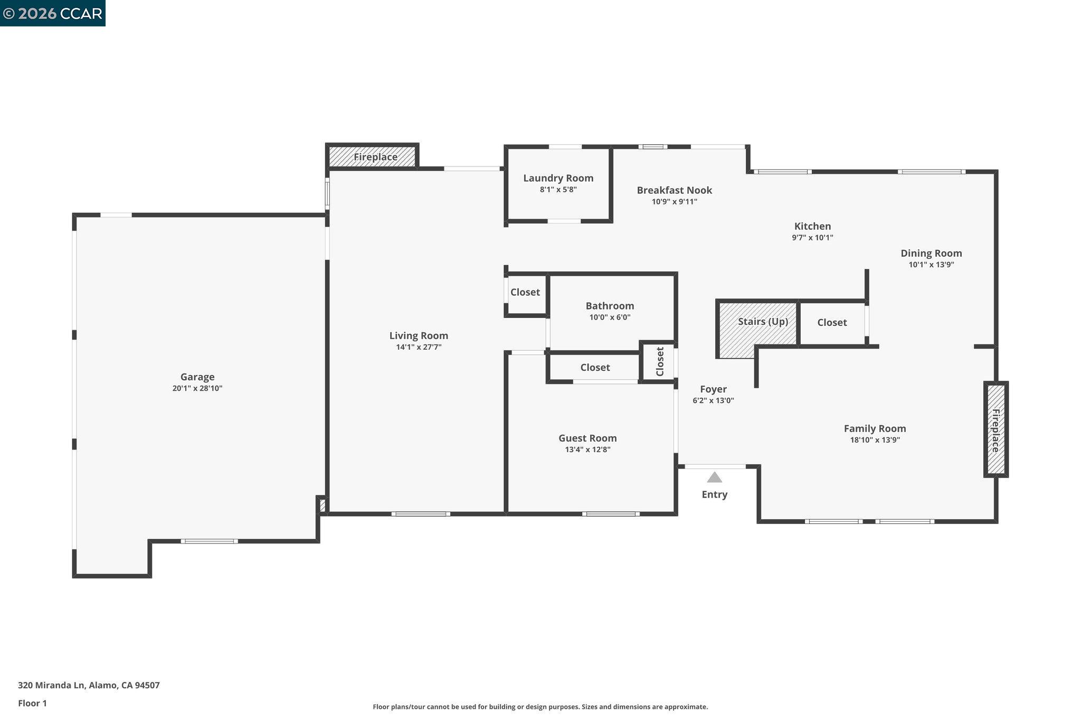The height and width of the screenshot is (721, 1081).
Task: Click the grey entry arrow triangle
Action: coord(714,477)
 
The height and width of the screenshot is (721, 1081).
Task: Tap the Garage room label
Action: coord(197,377)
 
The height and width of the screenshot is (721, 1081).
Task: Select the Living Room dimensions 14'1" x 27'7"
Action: coord(419,347)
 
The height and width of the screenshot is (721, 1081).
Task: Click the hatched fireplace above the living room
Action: coord(373,157)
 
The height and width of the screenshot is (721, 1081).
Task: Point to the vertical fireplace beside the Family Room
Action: coord(995,429)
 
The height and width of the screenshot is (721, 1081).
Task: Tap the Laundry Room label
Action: coord(558,178)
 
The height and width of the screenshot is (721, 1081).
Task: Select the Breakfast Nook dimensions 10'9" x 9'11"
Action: coord(674,202)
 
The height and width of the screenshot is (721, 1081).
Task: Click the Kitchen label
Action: coord(812,226)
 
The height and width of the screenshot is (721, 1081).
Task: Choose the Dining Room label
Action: coord(931,253)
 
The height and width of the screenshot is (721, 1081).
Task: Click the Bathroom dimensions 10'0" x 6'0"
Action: coord(610,317)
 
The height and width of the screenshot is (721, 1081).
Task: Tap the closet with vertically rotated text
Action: coord(659,361)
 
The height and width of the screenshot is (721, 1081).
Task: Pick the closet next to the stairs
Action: coord(832,322)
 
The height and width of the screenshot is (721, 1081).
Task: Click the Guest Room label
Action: coord(587,438)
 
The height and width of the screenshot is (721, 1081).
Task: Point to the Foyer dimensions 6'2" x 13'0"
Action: coord(713,400)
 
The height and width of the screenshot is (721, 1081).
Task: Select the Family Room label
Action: coord(874,428)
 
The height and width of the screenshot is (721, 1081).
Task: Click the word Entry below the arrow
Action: coord(714,494)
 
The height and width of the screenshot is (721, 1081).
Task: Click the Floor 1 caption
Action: coord(32,703)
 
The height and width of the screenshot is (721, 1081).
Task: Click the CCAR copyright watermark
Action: coord(52,13)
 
